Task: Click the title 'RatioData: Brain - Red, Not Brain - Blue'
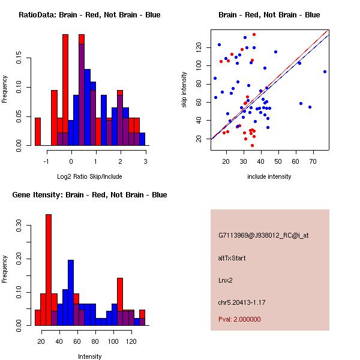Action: click(x=89, y=15)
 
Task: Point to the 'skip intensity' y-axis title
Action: click(x=184, y=89)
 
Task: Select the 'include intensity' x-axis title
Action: click(x=269, y=176)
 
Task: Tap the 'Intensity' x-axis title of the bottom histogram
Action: click(x=89, y=356)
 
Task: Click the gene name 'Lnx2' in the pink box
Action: click(x=226, y=280)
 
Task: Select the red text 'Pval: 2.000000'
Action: click(x=239, y=319)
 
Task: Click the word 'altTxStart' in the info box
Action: click(x=232, y=258)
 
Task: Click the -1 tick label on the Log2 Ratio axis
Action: click(x=47, y=161)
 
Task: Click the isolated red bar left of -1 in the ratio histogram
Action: click(x=38, y=131)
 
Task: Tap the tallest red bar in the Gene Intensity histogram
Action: click(x=49, y=270)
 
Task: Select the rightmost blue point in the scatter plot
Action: click(x=325, y=71)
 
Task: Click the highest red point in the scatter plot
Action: click(x=254, y=34)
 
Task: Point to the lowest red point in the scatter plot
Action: click(x=252, y=145)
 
